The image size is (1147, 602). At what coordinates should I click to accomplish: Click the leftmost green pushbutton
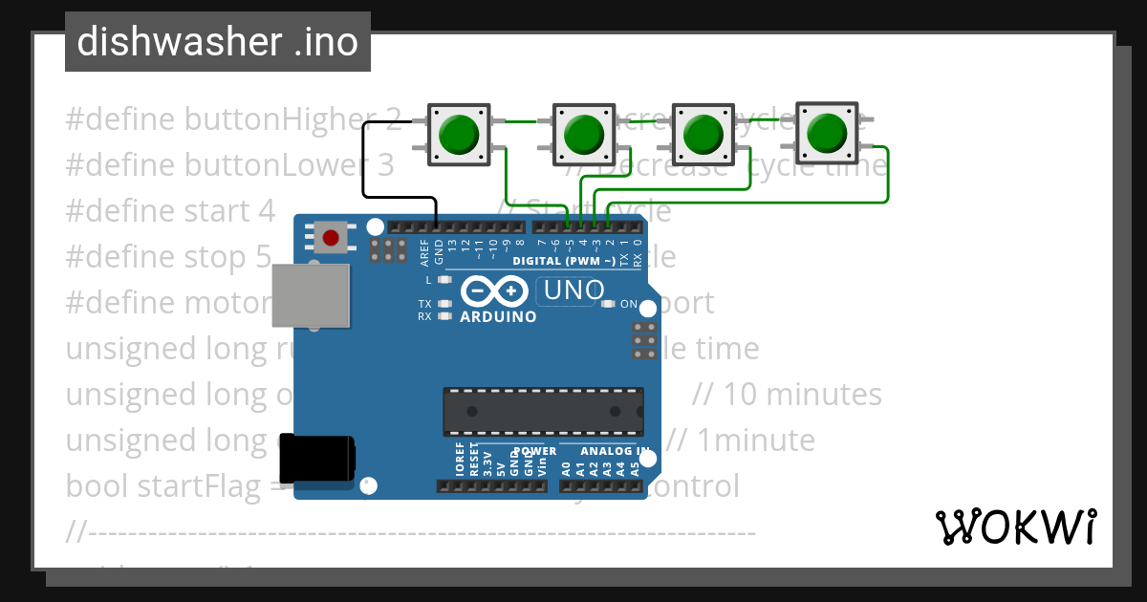tap(460, 134)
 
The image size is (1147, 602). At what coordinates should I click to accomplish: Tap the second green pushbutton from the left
tap(582, 134)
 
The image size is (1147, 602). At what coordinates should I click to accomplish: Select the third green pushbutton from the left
tap(703, 134)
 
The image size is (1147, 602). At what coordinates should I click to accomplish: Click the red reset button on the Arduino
tap(331, 237)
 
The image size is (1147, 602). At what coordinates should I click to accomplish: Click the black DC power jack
tap(316, 459)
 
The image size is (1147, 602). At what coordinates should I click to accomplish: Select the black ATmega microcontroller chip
tap(542, 411)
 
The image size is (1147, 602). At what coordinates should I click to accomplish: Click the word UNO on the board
tap(573, 290)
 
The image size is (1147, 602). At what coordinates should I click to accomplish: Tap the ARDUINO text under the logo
tap(498, 316)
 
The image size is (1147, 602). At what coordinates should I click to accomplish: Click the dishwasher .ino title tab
tap(218, 42)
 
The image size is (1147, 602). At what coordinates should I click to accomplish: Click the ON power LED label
tap(629, 304)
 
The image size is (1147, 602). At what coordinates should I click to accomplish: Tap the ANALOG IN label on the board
tap(617, 451)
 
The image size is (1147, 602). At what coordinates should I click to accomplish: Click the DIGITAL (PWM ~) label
tap(563, 261)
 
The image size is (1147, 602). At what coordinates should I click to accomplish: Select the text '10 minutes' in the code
tap(802, 394)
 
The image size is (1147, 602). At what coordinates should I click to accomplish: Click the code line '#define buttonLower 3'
tap(229, 165)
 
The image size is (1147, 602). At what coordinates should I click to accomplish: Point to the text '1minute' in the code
tap(756, 440)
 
